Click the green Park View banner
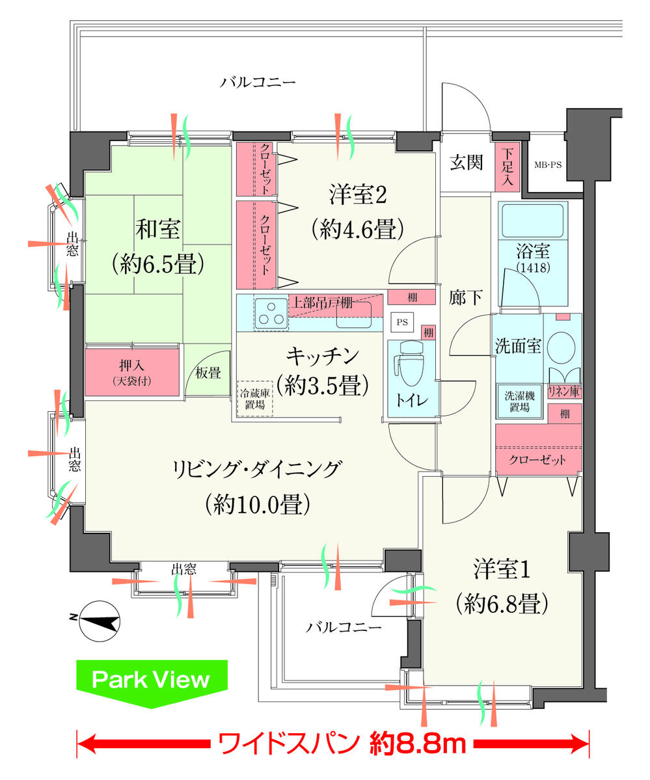(152, 680)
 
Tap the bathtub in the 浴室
(532, 221)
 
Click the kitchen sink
(353, 316)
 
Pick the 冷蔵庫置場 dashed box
(254, 398)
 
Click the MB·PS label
(547, 165)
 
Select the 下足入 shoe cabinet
(507, 167)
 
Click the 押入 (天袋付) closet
(132, 371)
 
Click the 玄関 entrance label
(467, 163)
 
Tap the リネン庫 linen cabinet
(565, 392)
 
